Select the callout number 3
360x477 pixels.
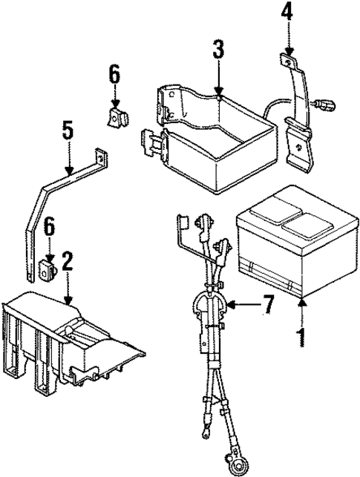(x=217, y=52)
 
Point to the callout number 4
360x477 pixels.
(x=287, y=13)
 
